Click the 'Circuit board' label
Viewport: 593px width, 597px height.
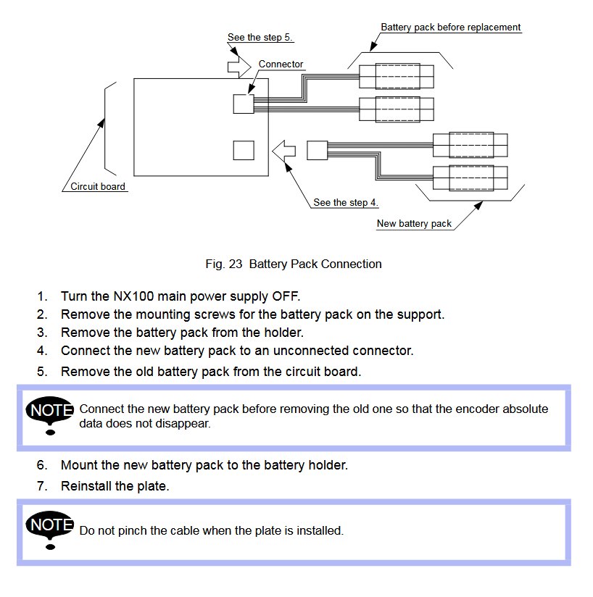[97, 187]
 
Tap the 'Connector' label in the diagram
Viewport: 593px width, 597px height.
[281, 64]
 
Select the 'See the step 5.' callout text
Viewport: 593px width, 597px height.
[260, 38]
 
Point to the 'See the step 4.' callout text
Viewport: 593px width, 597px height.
[345, 203]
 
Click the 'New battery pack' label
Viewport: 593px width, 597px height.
[414, 223]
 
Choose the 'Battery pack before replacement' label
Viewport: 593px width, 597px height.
[451, 28]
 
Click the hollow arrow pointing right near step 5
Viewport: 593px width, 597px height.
[239, 67]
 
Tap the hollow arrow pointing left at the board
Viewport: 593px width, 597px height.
[283, 151]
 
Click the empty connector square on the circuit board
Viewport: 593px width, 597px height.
[244, 151]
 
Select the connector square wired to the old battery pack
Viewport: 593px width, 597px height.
[244, 104]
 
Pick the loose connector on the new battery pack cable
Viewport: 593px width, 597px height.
[318, 151]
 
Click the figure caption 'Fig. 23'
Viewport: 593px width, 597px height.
[223, 264]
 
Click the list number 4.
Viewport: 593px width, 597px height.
[42, 351]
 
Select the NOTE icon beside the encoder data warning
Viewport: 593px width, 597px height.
[49, 415]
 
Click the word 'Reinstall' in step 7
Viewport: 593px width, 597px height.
[86, 486]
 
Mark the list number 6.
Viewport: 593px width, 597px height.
[42, 465]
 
